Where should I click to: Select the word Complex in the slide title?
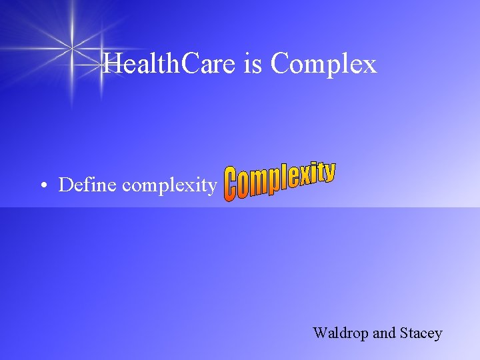[324, 65]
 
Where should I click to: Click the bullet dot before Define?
[42, 185]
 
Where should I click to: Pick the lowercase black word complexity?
[169, 186]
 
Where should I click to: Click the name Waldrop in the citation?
[341, 333]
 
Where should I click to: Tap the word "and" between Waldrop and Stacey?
[384, 333]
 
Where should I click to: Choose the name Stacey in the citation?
[421, 333]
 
